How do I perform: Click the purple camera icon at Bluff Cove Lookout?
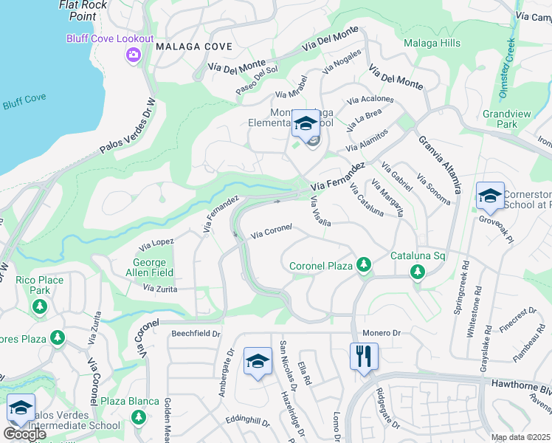[134, 55]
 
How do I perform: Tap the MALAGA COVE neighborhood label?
[194, 47]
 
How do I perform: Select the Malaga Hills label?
[432, 44]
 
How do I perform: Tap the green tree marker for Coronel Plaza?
[362, 264]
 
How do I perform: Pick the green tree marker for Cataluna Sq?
[417, 272]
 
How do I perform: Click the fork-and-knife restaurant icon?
[364, 357]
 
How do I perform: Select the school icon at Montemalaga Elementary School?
[306, 123]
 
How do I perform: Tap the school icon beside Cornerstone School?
[490, 196]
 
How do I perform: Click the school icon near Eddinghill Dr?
[258, 361]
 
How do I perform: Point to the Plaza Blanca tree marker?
[138, 417]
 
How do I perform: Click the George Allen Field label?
[153, 268]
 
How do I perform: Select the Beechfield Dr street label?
[196, 334]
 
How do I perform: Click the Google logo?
[24, 434]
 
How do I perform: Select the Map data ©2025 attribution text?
[520, 437]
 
